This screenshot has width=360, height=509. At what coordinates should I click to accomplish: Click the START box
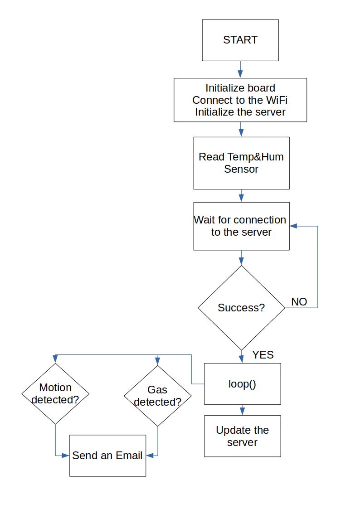(x=240, y=40)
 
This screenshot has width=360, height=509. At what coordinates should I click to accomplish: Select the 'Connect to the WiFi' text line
(x=240, y=100)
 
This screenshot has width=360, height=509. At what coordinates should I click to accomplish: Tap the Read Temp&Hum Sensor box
(x=241, y=163)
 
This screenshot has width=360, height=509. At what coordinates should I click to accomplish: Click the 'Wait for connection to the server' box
(x=241, y=226)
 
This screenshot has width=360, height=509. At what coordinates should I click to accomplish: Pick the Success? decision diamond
(x=241, y=308)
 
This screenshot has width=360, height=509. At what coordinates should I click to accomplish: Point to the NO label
(x=299, y=302)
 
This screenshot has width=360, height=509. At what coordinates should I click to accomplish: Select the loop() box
(x=242, y=384)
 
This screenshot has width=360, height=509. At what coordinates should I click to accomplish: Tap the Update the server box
(x=242, y=436)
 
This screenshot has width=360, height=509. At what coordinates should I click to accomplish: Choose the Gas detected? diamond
(x=157, y=396)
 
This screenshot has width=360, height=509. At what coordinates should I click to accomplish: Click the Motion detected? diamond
(x=55, y=393)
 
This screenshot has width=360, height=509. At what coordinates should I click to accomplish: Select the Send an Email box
(x=107, y=456)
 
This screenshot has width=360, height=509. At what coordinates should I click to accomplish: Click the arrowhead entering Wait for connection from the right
(x=293, y=226)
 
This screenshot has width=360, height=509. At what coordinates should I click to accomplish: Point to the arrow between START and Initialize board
(x=240, y=70)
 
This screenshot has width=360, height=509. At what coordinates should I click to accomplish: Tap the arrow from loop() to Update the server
(x=242, y=410)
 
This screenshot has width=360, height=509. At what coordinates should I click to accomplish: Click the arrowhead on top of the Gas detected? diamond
(x=157, y=362)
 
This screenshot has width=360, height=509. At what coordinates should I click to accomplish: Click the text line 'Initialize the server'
(x=240, y=112)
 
